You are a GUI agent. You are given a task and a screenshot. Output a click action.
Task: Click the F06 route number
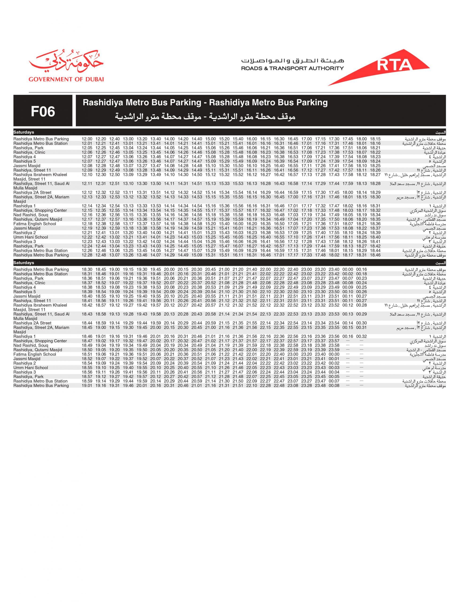43,111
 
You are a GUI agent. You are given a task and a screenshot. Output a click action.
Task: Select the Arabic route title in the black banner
205,117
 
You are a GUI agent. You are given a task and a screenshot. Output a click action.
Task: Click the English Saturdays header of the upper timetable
24,132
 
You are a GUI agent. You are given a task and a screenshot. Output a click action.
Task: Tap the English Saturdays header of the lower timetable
24,263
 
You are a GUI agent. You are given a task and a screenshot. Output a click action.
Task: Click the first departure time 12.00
87,139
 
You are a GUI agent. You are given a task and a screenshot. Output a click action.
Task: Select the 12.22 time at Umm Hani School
87,237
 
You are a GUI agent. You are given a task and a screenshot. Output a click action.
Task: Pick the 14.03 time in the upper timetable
156,246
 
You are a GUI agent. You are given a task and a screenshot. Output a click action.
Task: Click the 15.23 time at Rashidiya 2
210,233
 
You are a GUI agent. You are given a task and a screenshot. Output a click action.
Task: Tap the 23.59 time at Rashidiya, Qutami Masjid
334,350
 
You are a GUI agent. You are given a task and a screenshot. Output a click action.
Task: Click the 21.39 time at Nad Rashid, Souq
238,345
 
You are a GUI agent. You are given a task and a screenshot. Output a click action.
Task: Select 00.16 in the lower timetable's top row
362,269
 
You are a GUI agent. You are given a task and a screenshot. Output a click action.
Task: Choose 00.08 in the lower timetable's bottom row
334,386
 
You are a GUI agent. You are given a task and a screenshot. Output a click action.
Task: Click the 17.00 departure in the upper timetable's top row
307,139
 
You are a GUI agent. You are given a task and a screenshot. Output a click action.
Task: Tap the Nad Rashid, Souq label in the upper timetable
31,215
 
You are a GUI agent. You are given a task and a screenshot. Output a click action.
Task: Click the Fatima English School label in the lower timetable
35,354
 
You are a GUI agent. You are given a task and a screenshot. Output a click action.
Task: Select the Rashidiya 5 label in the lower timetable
25,292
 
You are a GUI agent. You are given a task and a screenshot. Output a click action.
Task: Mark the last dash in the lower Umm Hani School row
362,368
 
